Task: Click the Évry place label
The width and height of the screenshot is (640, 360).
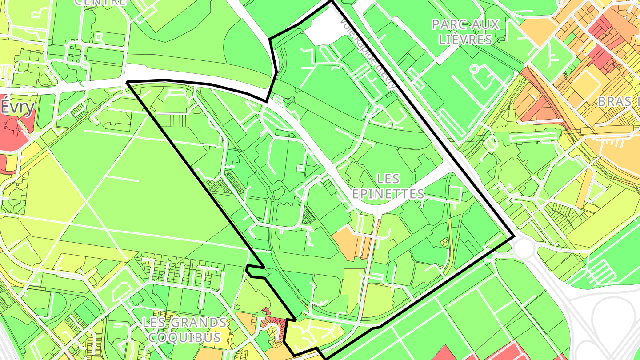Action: point(17,107)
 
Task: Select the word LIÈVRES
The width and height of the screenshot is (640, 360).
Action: point(465,39)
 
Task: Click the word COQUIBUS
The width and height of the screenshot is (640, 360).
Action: point(184,337)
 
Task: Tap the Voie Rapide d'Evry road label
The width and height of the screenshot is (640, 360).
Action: point(367,49)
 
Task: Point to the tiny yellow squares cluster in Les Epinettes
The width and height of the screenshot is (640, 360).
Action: point(444,242)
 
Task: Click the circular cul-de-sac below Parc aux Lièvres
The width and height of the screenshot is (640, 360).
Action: point(474,69)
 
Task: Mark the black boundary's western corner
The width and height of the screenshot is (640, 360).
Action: point(128,82)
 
